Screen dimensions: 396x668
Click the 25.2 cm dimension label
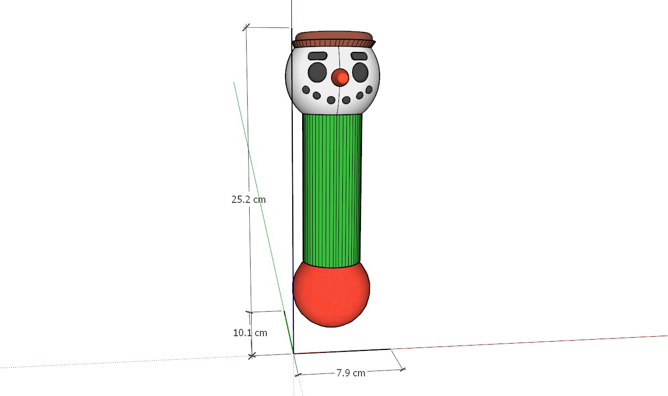coord(249,199)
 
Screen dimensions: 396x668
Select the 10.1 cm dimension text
coord(250,333)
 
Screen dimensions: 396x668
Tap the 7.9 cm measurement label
coord(351,372)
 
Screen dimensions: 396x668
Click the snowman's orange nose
coord(340,77)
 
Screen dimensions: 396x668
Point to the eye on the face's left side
coord(317,72)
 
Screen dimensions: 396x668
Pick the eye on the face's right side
coord(360,72)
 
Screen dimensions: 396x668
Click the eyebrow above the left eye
coord(317,56)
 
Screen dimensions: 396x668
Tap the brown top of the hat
coord(334,36)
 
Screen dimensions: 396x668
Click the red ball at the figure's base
coord(331,294)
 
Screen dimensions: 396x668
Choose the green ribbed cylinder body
coord(333,191)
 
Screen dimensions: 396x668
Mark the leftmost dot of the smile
coord(306,90)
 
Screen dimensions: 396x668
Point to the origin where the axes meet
coord(293,353)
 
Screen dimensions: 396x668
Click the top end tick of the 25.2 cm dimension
coord(246,27)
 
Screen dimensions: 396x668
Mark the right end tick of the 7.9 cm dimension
coord(403,369)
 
